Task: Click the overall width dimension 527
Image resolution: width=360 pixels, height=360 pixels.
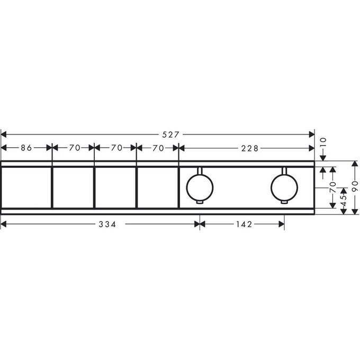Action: pos(170,134)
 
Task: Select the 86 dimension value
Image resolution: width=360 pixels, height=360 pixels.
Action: pos(26,148)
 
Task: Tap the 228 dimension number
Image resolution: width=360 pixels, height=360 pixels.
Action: pos(250,148)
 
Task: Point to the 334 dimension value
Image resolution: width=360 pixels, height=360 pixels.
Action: pos(107,224)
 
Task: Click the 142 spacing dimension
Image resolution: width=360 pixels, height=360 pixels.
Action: pos(244,224)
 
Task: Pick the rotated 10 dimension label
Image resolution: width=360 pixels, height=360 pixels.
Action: pos(323,143)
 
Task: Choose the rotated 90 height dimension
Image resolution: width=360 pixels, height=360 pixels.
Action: pos(355,186)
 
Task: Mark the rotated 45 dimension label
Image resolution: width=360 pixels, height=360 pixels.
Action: pos(344,201)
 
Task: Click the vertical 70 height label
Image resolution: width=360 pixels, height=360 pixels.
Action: pos(332,187)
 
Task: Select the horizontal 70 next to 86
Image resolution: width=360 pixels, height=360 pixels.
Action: pos(75,148)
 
